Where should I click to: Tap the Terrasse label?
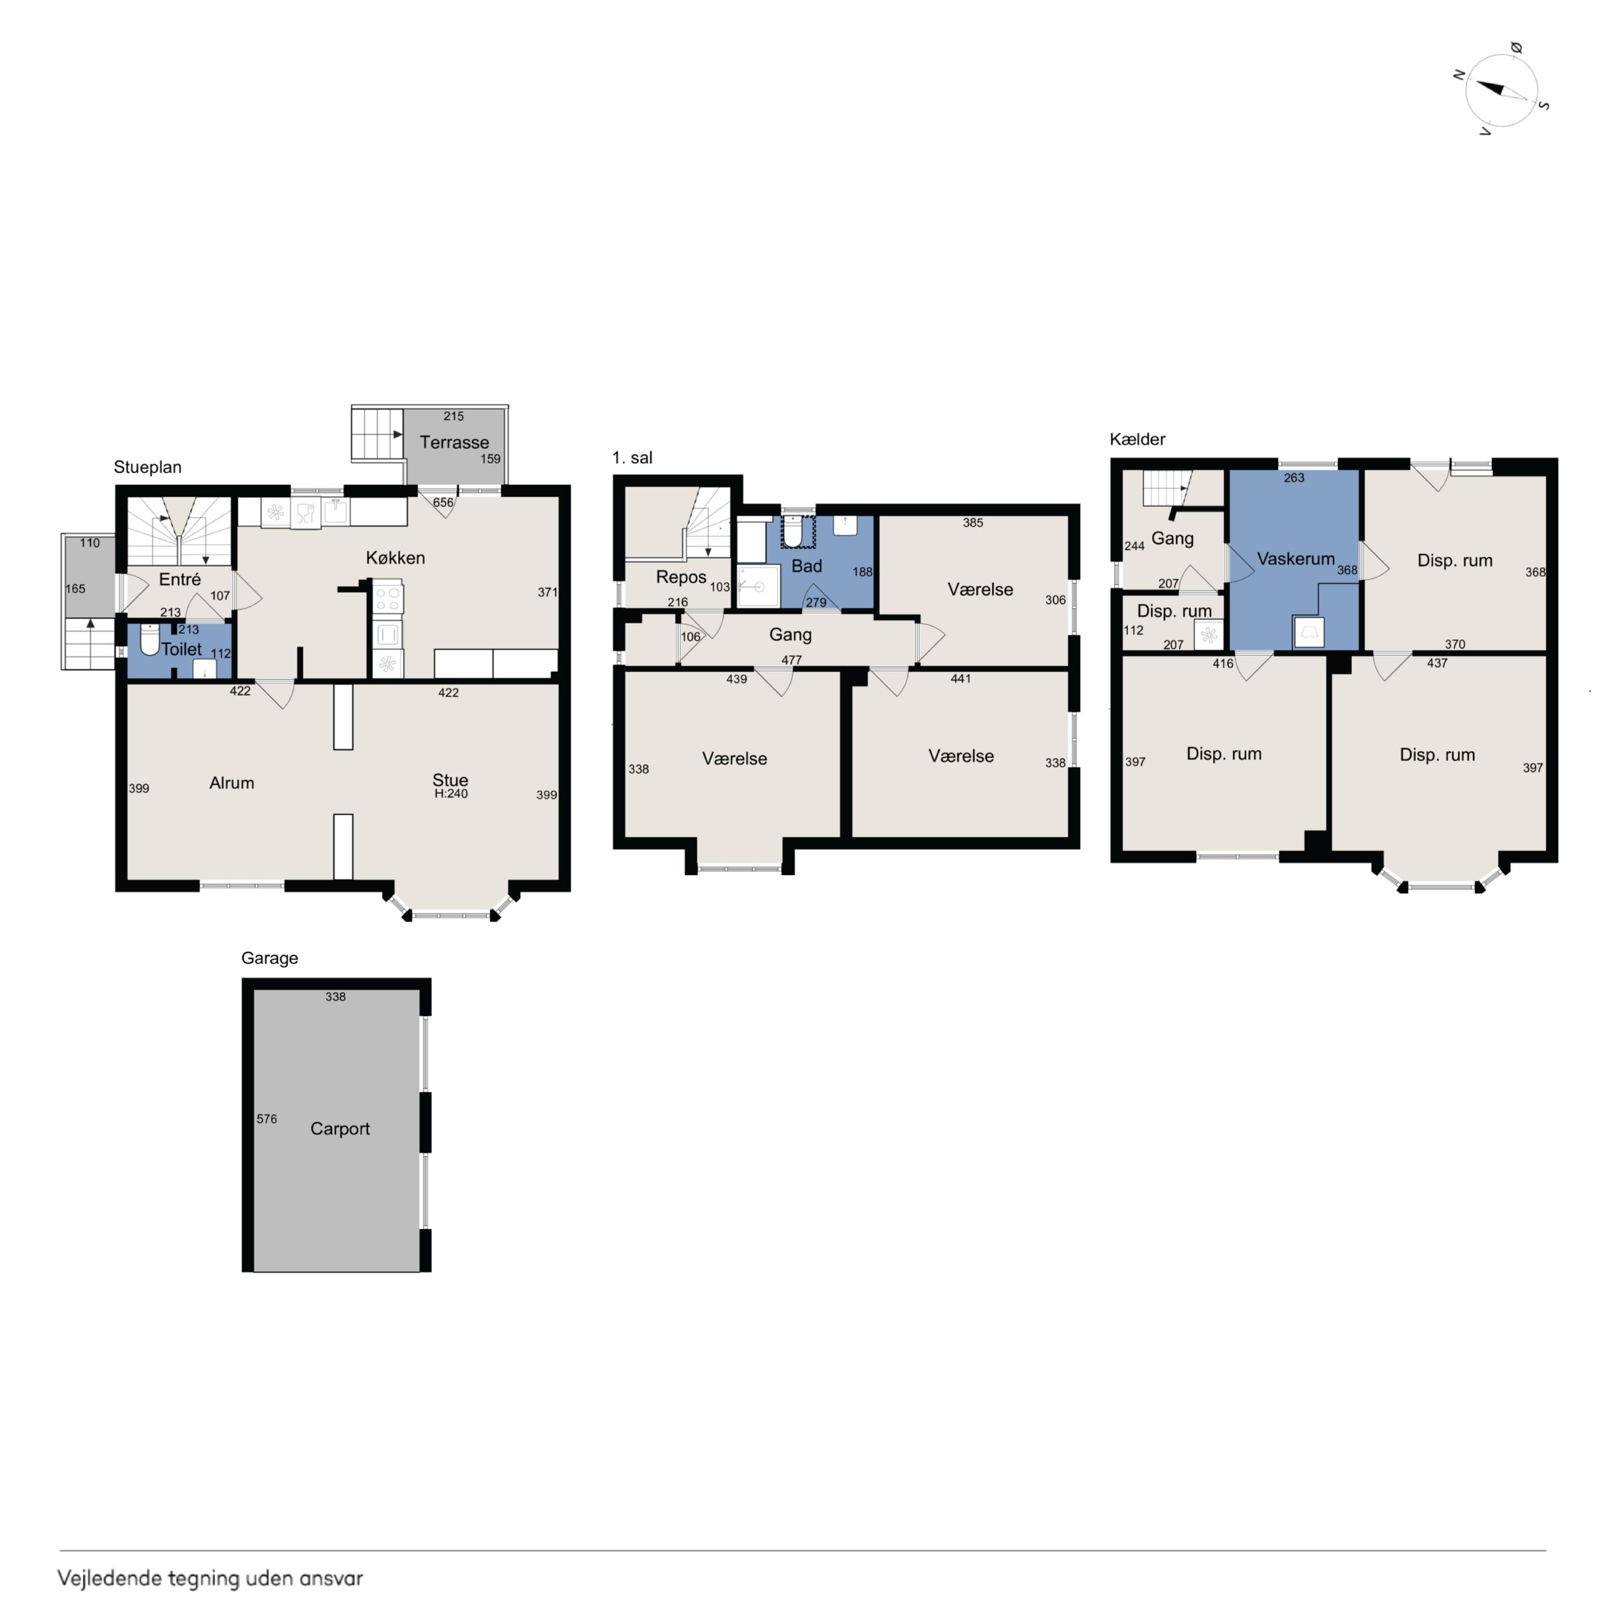point(454,442)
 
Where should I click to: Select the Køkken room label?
point(395,557)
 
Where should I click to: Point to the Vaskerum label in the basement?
point(1296,559)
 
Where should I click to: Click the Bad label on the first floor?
point(806,566)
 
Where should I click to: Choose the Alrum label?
point(232,783)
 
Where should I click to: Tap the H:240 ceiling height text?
point(451,793)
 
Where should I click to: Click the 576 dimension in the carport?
point(266,1119)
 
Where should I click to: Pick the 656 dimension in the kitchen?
point(443,502)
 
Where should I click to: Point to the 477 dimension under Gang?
point(791,660)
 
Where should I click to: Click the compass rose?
point(1501,90)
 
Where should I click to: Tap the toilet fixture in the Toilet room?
point(150,640)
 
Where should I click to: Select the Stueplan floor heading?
point(148,467)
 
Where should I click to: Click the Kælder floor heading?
point(1137,439)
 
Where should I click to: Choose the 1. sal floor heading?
point(633,457)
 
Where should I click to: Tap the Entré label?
point(179,579)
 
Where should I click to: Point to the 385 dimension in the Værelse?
point(972,523)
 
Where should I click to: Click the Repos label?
point(681,577)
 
